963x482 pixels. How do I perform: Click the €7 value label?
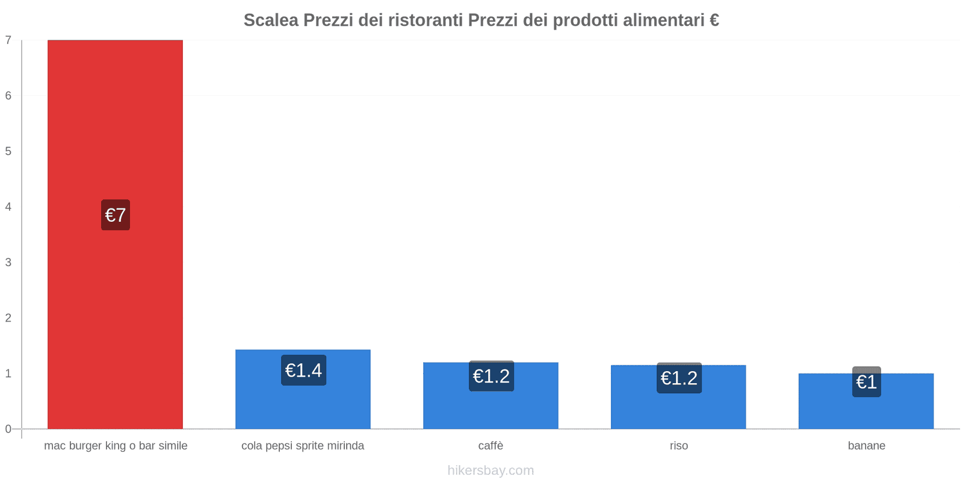(115, 215)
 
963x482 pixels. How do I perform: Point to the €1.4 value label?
(303, 370)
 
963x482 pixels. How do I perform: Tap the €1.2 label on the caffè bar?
(491, 376)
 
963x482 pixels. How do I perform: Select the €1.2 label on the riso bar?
(679, 378)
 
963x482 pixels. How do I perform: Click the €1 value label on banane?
(866, 382)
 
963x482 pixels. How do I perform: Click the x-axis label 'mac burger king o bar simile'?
(116, 446)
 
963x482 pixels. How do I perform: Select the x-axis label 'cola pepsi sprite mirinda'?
(303, 446)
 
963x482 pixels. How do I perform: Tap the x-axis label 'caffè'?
(491, 446)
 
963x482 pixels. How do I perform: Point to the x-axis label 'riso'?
(678, 446)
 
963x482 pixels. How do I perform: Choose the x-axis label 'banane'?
(866, 446)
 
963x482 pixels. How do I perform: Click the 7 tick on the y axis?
(8, 40)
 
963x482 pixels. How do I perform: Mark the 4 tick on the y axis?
(8, 207)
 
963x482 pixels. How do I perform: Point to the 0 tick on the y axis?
(8, 429)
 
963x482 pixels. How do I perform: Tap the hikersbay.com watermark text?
(491, 471)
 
